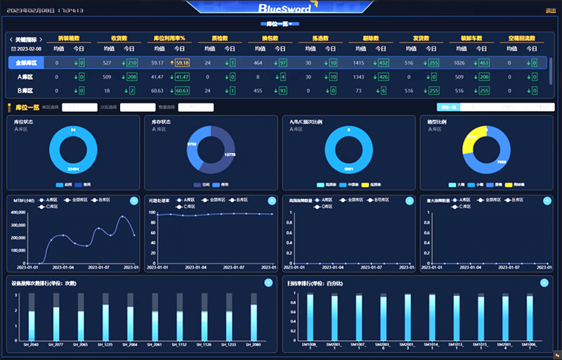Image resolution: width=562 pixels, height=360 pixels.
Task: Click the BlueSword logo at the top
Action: pos(281,9)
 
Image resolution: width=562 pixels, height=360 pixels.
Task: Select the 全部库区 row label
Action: pos(25,63)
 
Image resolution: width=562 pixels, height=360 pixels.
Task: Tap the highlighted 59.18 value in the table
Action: pos(181,63)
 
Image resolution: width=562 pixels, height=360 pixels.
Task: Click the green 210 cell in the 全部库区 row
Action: pos(131,63)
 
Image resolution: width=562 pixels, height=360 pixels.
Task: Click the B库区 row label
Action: pos(25,91)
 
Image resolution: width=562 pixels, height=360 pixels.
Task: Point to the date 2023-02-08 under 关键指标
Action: pos(29,49)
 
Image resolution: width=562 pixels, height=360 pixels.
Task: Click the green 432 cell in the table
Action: pos(383,63)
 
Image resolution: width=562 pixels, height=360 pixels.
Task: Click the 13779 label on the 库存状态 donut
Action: pos(229,153)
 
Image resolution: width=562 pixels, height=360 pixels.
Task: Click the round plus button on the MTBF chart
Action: pos(133,200)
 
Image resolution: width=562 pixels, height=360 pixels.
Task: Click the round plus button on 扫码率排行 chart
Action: pos(544,283)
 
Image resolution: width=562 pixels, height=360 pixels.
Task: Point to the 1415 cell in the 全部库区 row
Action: pos(358,63)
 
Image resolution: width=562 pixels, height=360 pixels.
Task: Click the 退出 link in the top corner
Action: pos(550,10)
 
